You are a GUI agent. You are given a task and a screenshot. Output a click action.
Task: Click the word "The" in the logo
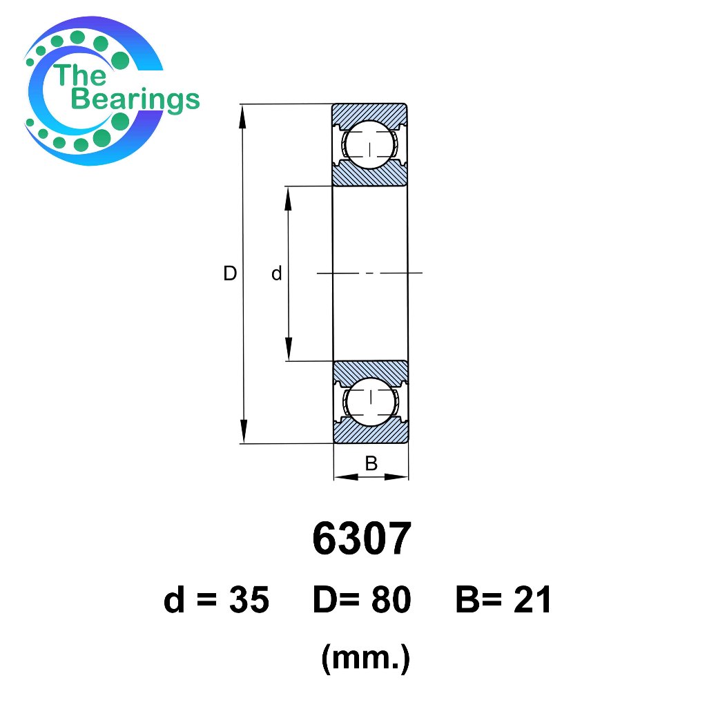[80, 75]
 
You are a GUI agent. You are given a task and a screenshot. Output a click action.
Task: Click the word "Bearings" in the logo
[135, 99]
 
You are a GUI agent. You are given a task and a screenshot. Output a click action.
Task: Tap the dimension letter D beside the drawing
[230, 273]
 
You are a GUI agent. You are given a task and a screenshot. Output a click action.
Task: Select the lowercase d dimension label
[276, 273]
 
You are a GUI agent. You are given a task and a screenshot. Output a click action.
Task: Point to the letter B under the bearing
[371, 463]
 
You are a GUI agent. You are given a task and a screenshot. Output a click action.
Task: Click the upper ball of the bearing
[370, 145]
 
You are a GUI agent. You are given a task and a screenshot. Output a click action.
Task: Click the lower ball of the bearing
[371, 402]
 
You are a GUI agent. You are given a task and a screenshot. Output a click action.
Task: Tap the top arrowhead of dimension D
[242, 116]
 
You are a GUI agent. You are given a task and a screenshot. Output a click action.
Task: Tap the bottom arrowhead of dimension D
[244, 431]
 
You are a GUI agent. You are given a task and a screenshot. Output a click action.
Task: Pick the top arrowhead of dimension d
[288, 198]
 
